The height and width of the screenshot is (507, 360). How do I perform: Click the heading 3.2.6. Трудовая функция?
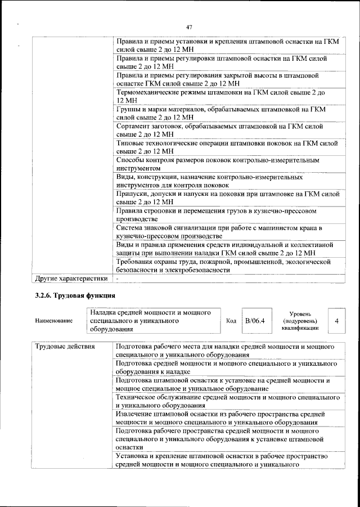[73, 295]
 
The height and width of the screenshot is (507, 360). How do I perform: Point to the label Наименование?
[53, 321]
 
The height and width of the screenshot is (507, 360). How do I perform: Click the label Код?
[231, 321]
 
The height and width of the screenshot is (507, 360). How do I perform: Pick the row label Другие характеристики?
[71, 278]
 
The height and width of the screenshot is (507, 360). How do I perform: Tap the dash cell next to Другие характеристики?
[118, 278]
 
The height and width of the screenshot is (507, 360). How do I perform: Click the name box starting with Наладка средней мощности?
[152, 321]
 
